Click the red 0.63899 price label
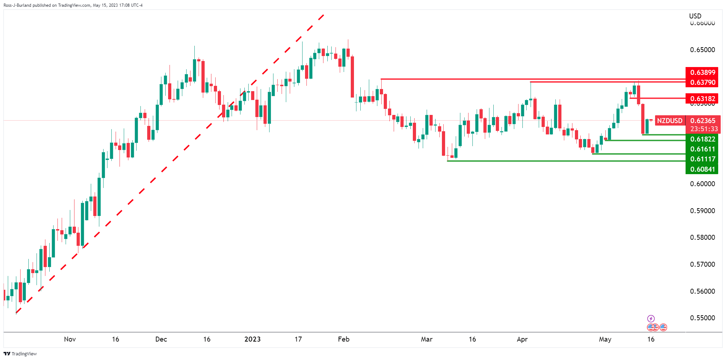point(702,72)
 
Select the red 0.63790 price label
point(702,82)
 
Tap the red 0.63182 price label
point(702,99)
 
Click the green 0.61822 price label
point(702,139)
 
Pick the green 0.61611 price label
point(702,149)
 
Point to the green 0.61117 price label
point(702,159)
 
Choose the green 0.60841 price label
point(702,169)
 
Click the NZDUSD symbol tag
point(669,121)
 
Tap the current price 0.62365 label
point(703,121)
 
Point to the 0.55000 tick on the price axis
point(702,318)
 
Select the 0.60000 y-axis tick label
point(702,184)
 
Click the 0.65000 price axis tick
point(702,50)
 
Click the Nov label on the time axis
point(70,339)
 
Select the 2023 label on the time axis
point(253,339)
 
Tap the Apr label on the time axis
point(522,339)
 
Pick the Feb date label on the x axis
point(344,339)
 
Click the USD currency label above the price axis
point(695,16)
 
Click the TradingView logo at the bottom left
point(20,354)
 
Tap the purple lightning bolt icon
point(651,319)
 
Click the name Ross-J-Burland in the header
point(17,5)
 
